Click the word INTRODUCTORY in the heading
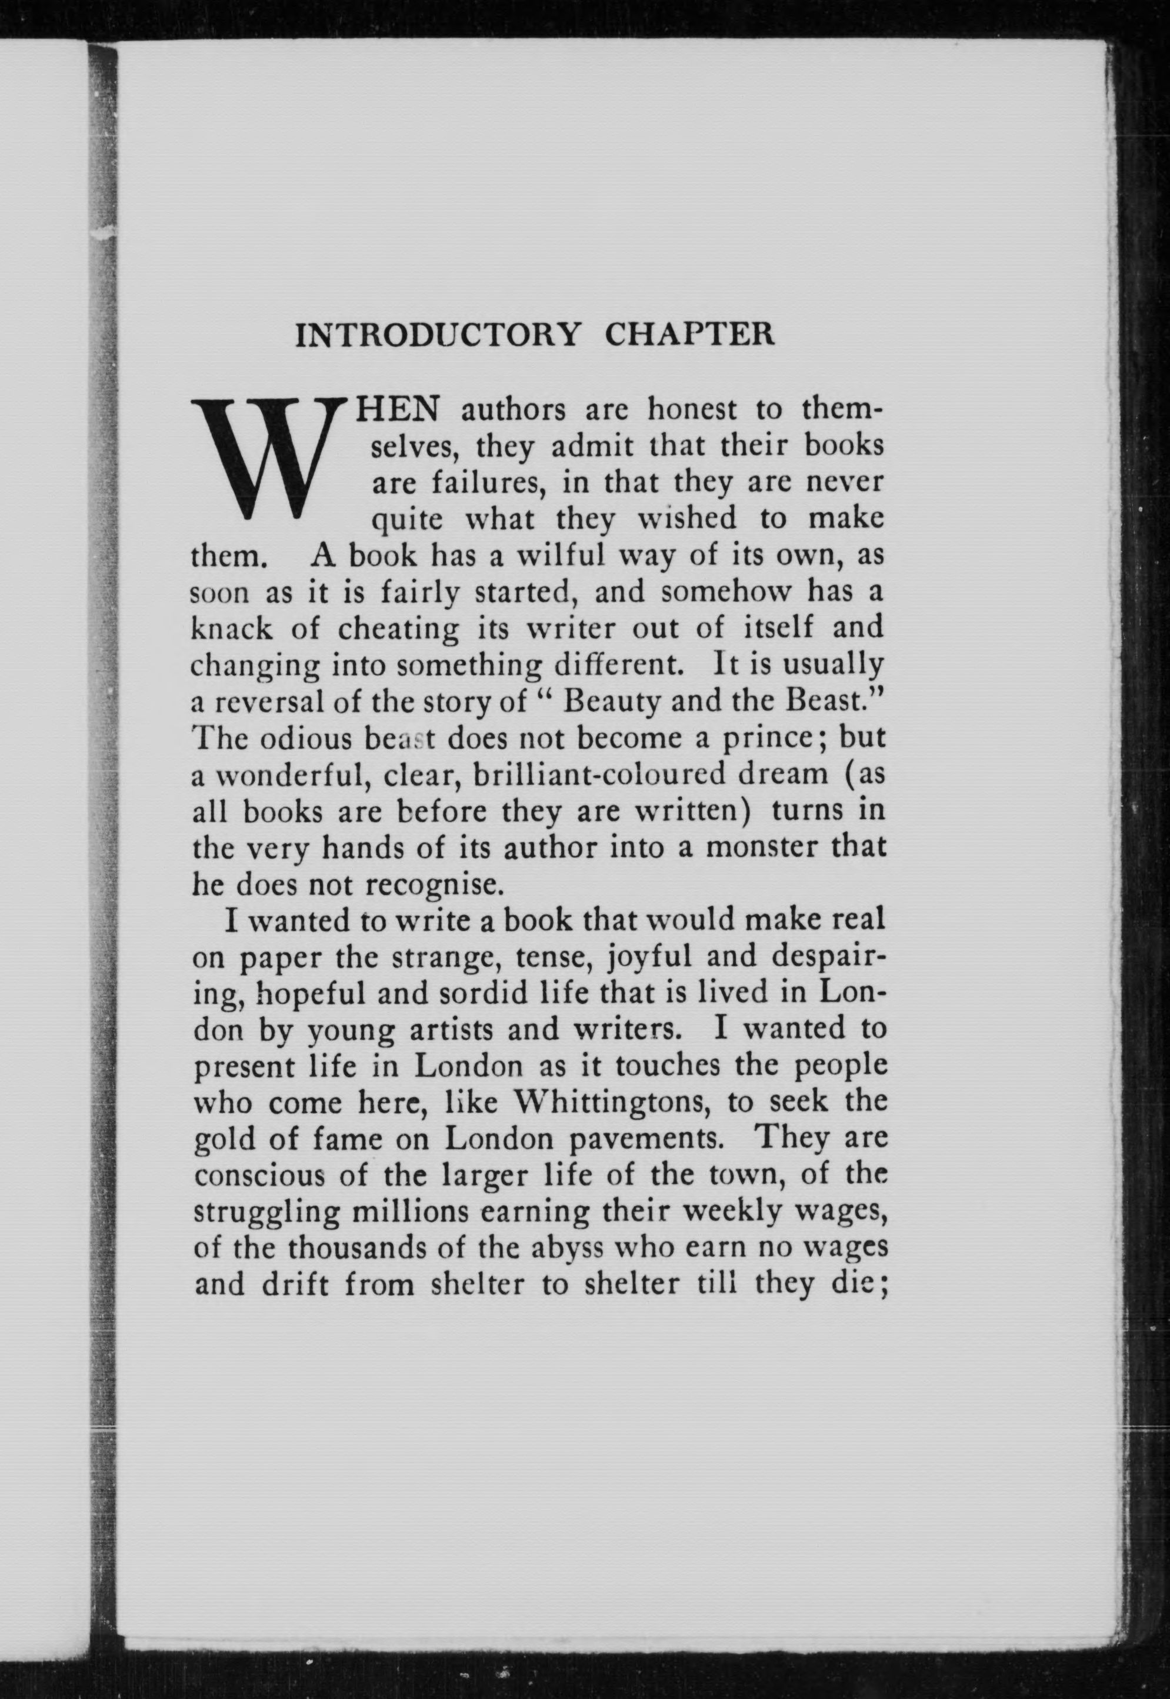point(437,335)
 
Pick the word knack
point(231,629)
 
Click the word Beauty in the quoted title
point(612,702)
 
